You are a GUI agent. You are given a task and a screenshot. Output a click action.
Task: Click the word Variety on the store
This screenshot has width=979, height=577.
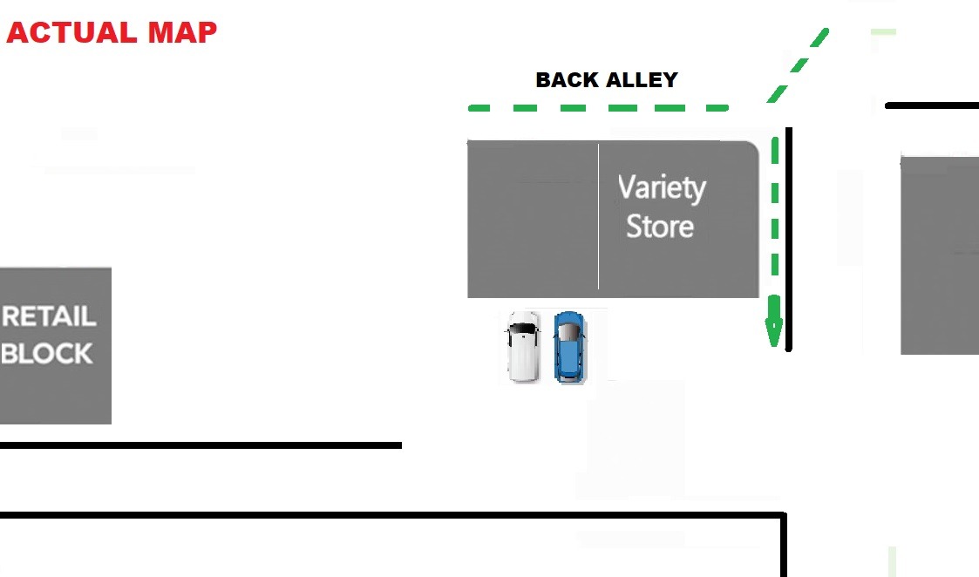pyautogui.click(x=662, y=188)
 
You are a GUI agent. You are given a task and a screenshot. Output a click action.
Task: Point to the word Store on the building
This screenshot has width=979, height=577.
pyautogui.click(x=660, y=227)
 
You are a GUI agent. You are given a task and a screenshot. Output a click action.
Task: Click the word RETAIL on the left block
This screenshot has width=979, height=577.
pyautogui.click(x=49, y=316)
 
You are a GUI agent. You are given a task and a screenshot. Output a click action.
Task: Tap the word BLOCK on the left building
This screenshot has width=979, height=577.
pyautogui.click(x=47, y=353)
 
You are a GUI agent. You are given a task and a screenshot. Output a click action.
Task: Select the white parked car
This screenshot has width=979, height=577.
pyautogui.click(x=523, y=347)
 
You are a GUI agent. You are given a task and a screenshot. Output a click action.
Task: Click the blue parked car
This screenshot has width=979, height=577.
pyautogui.click(x=569, y=347)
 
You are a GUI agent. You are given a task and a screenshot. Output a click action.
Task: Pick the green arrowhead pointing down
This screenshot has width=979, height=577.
pyautogui.click(x=773, y=333)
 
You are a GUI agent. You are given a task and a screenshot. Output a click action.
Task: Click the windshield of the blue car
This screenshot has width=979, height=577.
pyautogui.click(x=569, y=332)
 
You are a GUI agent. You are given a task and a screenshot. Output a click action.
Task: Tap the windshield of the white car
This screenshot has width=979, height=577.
pyautogui.click(x=523, y=329)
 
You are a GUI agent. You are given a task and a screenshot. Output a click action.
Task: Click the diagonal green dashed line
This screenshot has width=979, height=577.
pyautogui.click(x=798, y=65)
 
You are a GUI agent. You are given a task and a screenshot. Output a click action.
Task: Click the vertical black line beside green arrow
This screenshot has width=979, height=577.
pyautogui.click(x=789, y=240)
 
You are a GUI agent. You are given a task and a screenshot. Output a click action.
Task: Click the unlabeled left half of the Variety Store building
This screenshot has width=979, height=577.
pyautogui.click(x=533, y=218)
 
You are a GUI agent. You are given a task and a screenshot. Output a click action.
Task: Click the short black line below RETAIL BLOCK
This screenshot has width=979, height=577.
pyautogui.click(x=201, y=445)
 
